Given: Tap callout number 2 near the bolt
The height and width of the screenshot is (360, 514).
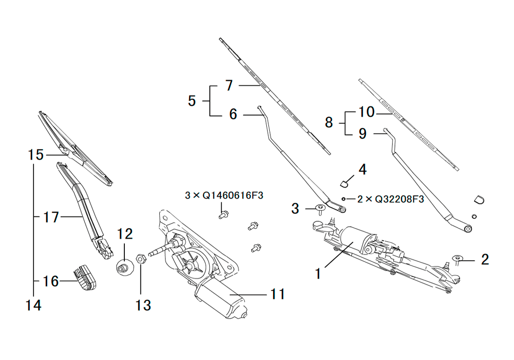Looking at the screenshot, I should point(485,260).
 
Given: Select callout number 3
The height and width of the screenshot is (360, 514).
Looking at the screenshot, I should point(295,208).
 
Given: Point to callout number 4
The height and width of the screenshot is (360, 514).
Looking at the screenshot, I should point(362,169).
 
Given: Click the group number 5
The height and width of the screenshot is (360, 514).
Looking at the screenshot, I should point(192,101).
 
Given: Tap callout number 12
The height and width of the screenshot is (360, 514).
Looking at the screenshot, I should point(125,235).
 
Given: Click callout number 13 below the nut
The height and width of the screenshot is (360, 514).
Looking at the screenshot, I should point(143,305).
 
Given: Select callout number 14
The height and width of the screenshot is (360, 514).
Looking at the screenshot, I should point(33,305).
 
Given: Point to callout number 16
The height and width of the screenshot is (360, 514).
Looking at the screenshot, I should point(51,281).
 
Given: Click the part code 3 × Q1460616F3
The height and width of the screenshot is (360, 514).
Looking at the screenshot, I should point(224,195).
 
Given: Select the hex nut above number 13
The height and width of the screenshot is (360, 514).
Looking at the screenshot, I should point(142,258).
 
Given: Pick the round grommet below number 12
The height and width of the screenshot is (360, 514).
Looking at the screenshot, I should point(123,267).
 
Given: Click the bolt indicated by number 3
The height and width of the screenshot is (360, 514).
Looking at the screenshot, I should point(318,208).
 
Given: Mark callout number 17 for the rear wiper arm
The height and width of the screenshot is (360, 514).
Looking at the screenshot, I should point(51,218).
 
